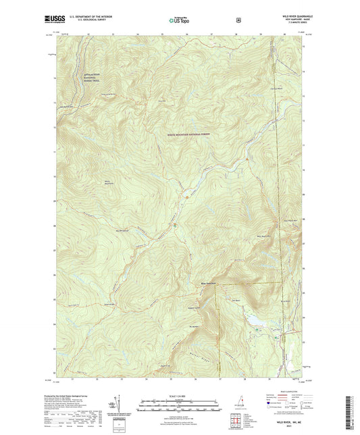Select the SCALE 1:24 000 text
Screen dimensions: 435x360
click(x=180, y=396)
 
